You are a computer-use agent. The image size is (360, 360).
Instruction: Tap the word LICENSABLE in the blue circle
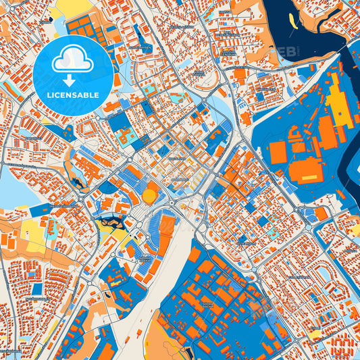click(72, 95)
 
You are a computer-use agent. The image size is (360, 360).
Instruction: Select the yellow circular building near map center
click(149, 196)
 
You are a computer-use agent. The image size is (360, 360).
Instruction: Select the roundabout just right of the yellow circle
click(172, 201)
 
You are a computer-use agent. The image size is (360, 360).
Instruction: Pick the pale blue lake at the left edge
click(12, 186)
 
